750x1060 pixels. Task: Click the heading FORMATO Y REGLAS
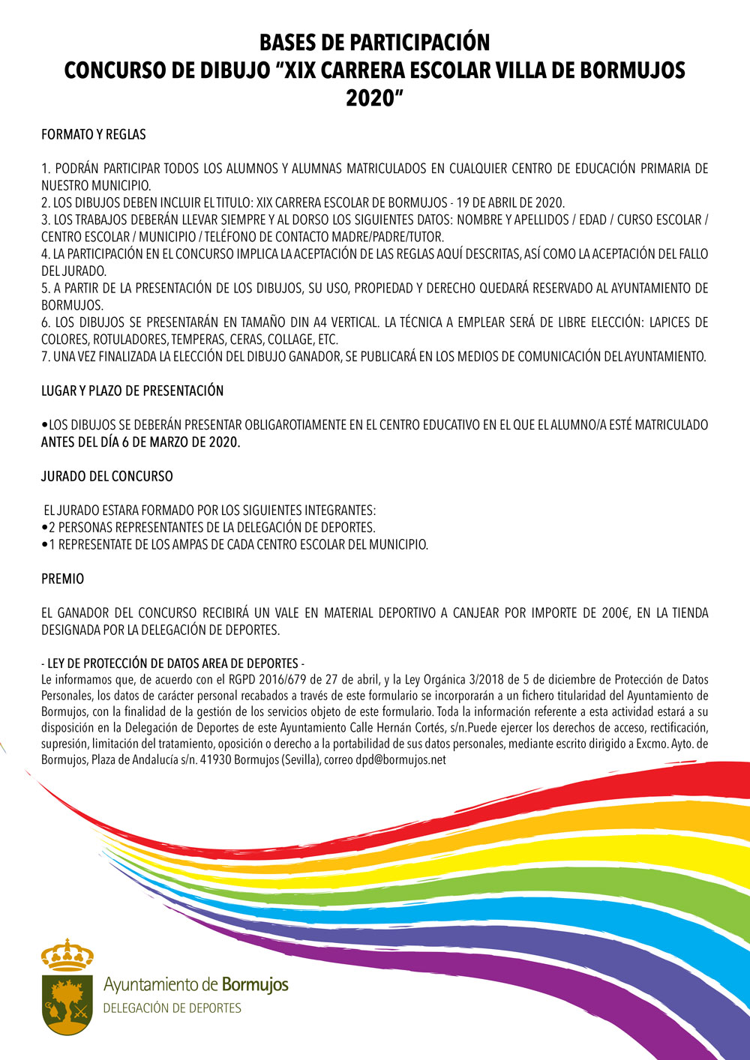click(x=94, y=135)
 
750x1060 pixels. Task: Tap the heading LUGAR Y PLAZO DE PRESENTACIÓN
click(x=132, y=391)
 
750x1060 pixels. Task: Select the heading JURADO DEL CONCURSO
click(x=106, y=476)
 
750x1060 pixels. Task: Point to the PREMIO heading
click(x=62, y=579)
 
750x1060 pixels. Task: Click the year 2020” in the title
click(x=374, y=97)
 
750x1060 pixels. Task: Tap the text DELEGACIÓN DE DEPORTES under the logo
click(x=172, y=1008)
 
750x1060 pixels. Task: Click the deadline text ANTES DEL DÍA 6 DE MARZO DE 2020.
click(x=141, y=442)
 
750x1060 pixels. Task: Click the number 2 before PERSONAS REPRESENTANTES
click(x=52, y=527)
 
